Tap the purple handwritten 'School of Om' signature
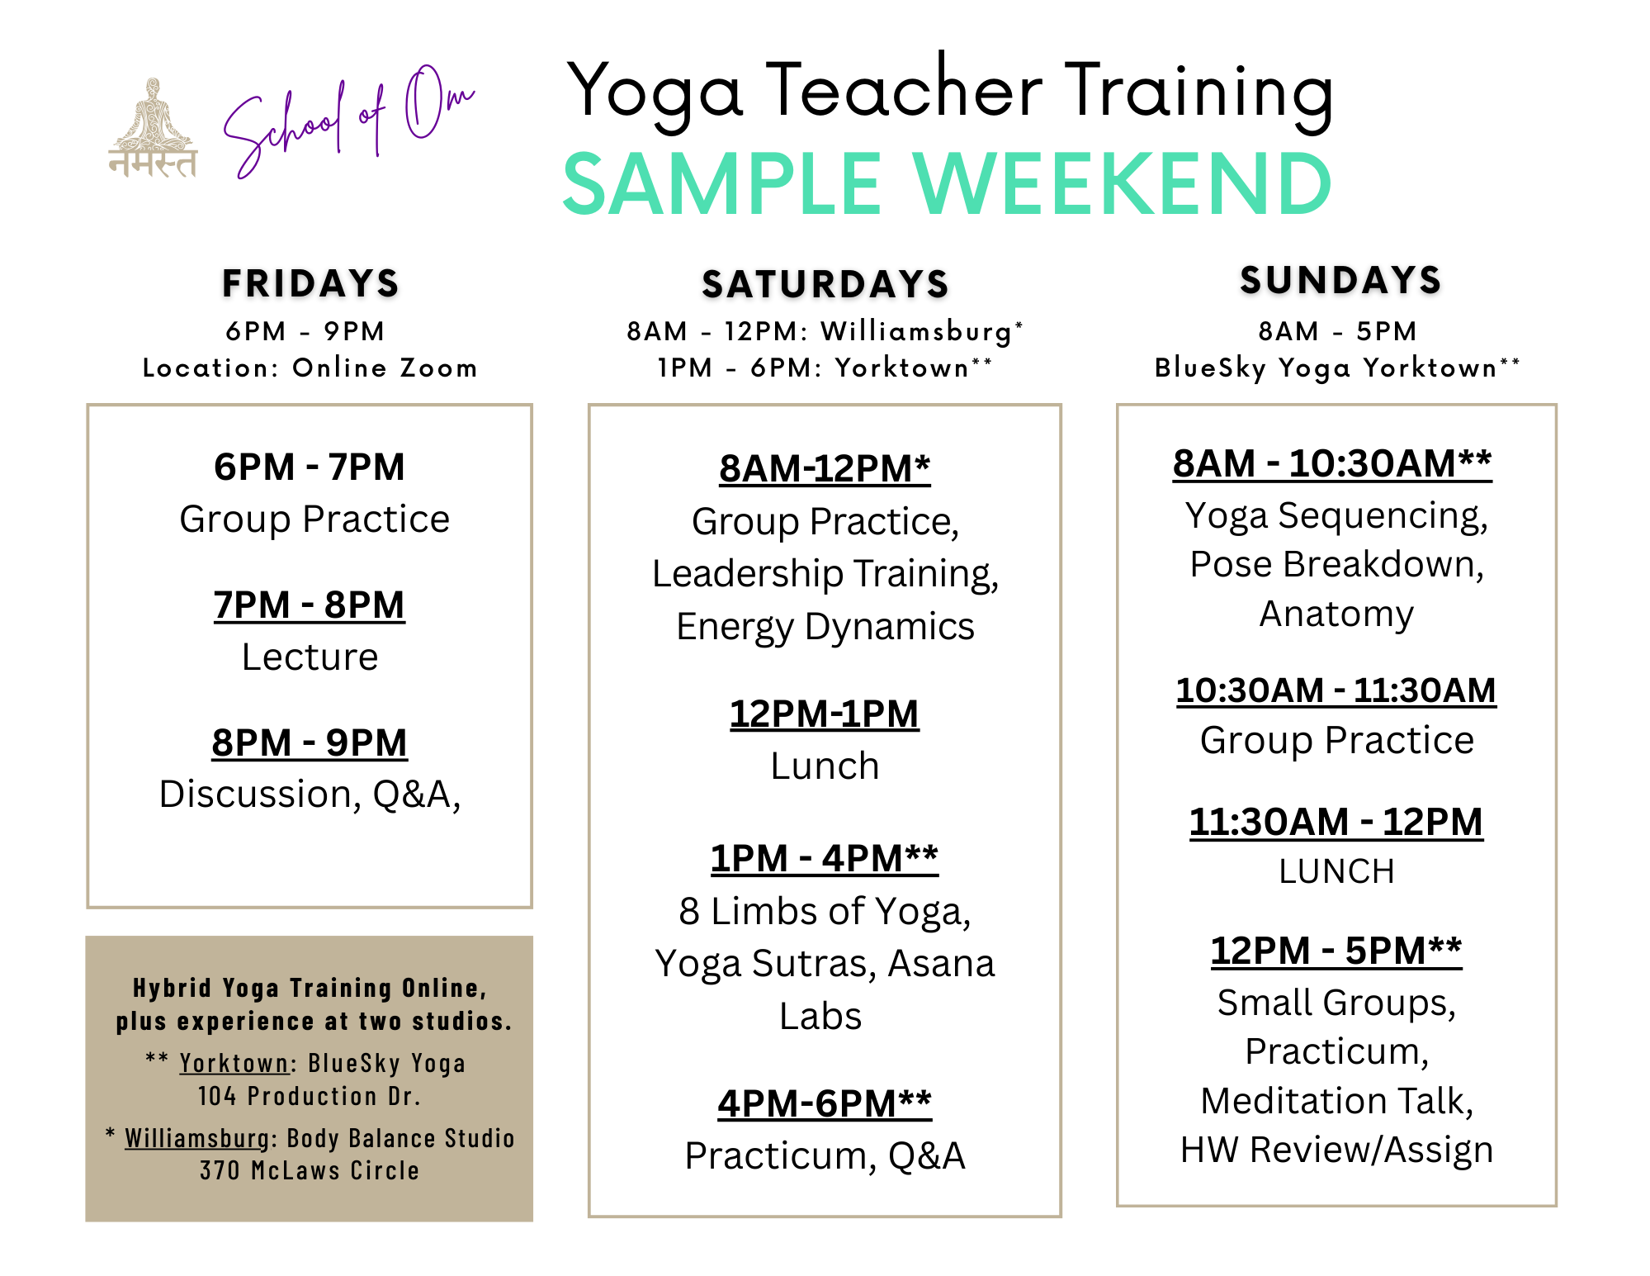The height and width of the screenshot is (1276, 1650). click(349, 121)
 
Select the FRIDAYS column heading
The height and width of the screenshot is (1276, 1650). click(310, 283)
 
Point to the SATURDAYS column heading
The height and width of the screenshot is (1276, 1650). click(825, 284)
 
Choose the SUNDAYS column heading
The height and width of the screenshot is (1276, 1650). click(1340, 280)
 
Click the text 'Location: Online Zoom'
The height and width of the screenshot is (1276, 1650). click(310, 368)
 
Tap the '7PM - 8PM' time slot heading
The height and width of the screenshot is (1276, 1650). click(310, 605)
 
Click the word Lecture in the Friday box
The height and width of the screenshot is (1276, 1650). click(310, 657)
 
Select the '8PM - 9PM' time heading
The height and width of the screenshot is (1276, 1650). click(310, 742)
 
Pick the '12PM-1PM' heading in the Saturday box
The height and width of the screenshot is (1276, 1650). click(824, 714)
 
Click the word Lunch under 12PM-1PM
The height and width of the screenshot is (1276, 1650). click(825, 766)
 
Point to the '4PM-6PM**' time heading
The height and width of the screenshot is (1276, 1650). click(825, 1103)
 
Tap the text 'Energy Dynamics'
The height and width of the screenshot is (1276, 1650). click(825, 627)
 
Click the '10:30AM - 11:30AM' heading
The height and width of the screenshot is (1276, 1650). click(1336, 690)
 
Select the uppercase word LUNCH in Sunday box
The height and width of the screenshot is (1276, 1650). click(1336, 871)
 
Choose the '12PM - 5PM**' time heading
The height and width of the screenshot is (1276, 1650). click(1336, 951)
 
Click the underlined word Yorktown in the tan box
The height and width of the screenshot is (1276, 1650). click(234, 1063)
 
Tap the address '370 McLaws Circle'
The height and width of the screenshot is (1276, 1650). click(310, 1170)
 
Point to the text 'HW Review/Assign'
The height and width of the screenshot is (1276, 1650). click(1336, 1150)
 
